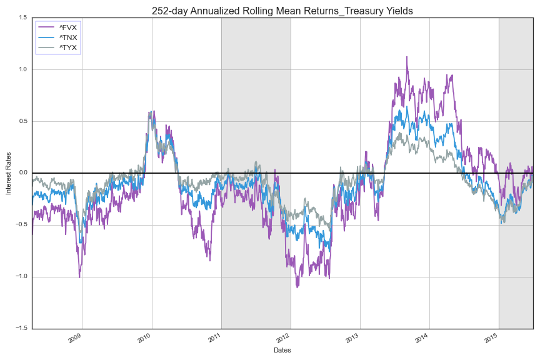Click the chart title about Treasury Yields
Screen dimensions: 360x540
[x=282, y=11]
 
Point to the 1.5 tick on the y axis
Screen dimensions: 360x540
[x=22, y=17]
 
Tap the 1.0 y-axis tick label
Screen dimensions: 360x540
[x=22, y=69]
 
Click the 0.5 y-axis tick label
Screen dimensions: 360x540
[x=22, y=121]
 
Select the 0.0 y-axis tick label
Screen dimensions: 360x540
[x=22, y=173]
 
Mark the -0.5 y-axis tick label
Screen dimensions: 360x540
[x=21, y=225]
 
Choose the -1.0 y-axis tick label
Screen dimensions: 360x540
[x=21, y=277]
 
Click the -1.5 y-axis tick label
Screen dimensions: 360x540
[x=21, y=329]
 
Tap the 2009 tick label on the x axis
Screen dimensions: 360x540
[x=75, y=338]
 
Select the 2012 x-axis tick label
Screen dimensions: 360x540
[x=283, y=338]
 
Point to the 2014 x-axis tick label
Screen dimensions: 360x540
[x=422, y=338]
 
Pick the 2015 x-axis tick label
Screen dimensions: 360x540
[x=491, y=338]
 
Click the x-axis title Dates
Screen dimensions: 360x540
[x=282, y=351]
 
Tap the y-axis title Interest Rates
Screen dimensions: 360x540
[x=9, y=173]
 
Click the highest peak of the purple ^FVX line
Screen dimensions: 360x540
[x=407, y=57]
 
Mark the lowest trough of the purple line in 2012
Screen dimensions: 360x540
[x=297, y=287]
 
